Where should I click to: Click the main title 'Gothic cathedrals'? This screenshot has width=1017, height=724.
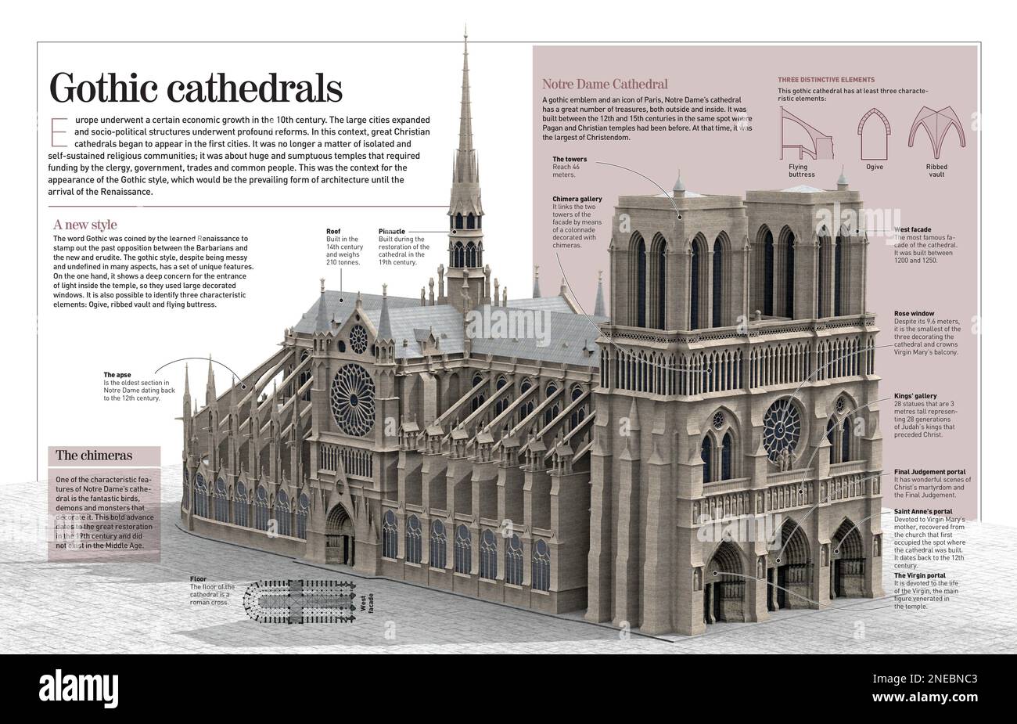click(196, 88)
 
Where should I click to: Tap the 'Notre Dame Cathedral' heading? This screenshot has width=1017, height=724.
click(605, 84)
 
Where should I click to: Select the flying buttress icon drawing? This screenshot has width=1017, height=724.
click(805, 133)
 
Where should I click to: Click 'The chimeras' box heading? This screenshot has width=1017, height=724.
click(93, 455)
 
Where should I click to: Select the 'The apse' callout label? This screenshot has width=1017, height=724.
click(120, 375)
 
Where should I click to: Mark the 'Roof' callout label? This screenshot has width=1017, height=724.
click(334, 232)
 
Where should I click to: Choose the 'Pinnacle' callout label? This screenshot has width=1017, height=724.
click(392, 232)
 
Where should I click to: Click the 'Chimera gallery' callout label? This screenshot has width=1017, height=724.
click(577, 199)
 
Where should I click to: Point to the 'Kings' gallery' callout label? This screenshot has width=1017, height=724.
click(915, 396)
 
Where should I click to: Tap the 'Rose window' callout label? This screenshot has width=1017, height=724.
click(913, 313)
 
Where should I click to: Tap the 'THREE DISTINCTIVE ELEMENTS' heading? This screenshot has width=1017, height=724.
click(826, 80)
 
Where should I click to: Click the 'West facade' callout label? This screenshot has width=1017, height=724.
click(912, 230)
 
